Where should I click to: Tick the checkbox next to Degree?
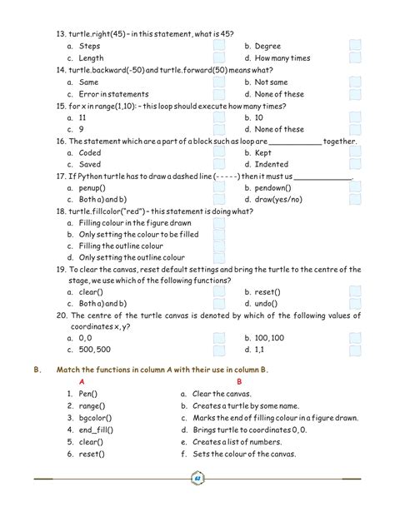(x=356, y=46)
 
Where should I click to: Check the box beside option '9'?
(x=219, y=129)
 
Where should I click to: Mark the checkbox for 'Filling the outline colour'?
(x=219, y=246)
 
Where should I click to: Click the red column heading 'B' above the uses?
(x=239, y=380)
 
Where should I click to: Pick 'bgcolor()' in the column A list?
(x=95, y=417)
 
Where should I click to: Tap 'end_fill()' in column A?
(x=96, y=430)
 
